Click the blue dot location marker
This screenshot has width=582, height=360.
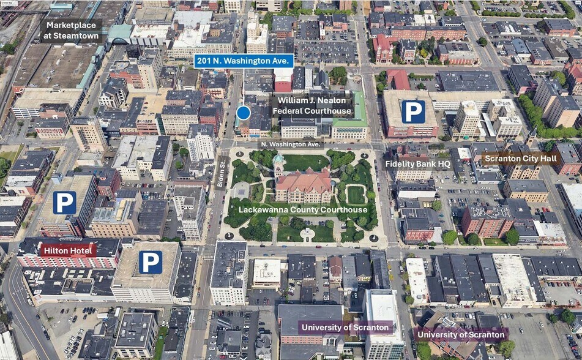point(244,113)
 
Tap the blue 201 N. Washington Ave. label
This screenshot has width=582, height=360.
point(244,61)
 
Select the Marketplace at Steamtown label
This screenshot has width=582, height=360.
point(71,31)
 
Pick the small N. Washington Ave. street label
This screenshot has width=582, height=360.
point(291,144)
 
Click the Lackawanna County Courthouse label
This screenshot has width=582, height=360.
point(303,209)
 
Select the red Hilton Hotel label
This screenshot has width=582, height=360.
point(68,250)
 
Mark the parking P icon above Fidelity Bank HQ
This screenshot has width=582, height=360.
point(413,111)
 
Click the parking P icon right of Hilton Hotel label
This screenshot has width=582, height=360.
point(150,262)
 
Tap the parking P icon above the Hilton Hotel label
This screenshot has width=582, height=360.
point(64,203)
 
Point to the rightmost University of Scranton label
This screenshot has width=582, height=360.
point(461,334)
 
